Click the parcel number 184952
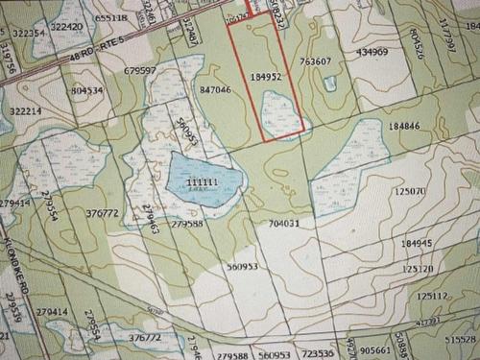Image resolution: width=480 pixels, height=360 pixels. pyautogui.click(x=264, y=75)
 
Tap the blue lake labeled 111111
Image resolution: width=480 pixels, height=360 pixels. pyautogui.click(x=200, y=180)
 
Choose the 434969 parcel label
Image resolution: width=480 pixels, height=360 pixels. pyautogui.click(x=371, y=52)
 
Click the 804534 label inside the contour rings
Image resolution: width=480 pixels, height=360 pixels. pyautogui.click(x=86, y=90)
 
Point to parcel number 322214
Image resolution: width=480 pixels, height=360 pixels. pyautogui.click(x=26, y=111)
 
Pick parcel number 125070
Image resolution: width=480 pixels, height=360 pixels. pyautogui.click(x=409, y=191)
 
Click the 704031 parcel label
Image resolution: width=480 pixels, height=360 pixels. pyautogui.click(x=285, y=223)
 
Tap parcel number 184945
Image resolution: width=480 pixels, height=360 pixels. pyautogui.click(x=417, y=244)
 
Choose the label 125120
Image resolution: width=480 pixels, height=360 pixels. pyautogui.click(x=419, y=270)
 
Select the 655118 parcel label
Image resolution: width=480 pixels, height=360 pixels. pyautogui.click(x=112, y=17)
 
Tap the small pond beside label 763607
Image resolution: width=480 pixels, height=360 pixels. pyautogui.click(x=330, y=83)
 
